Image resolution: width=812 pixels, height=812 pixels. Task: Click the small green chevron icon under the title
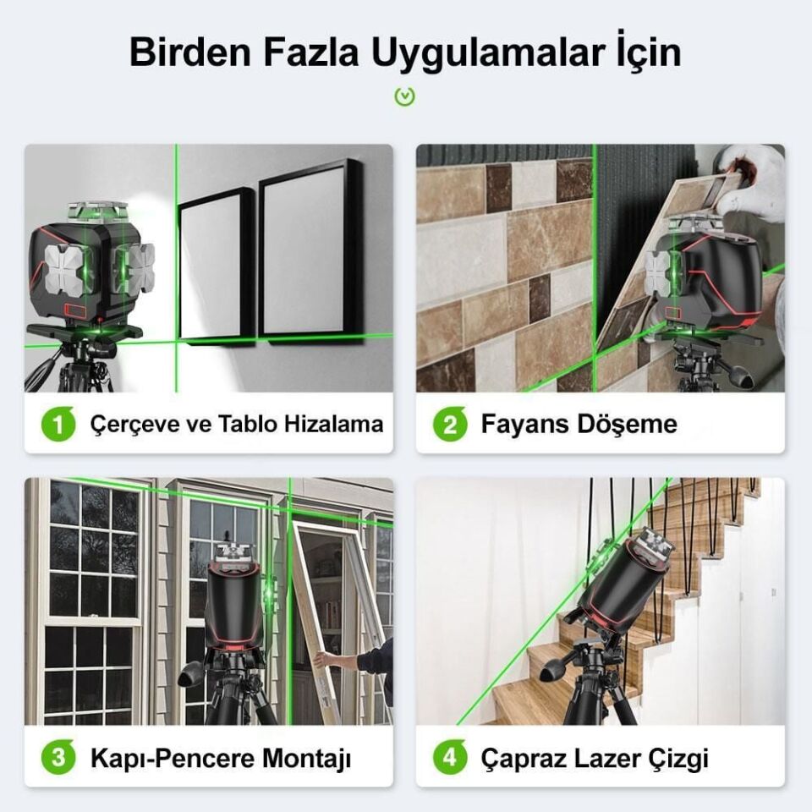coord(405,96)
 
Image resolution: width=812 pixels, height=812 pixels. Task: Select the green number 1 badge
coord(58,424)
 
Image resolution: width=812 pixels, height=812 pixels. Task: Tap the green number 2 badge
coord(450,424)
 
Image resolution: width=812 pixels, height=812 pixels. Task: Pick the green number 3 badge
coord(58,757)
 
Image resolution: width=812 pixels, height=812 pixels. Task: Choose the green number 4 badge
coord(450,757)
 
